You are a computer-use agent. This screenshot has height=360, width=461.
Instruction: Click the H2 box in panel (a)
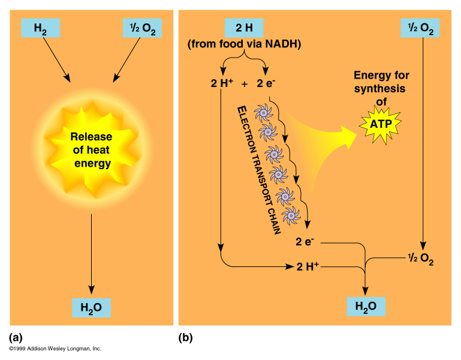(41, 28)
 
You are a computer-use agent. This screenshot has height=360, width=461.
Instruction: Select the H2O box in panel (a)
(91, 307)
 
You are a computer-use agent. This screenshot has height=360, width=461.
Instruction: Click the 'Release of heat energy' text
(92, 149)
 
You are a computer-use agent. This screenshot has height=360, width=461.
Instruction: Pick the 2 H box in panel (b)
(243, 28)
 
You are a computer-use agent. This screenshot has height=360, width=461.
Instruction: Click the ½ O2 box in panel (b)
(420, 28)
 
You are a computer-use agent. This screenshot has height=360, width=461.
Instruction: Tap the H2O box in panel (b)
(366, 307)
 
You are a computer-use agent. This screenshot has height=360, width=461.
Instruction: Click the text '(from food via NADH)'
(244, 44)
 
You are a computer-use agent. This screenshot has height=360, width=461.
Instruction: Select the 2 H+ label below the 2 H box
(222, 83)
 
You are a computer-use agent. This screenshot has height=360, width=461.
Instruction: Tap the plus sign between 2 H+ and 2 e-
(245, 83)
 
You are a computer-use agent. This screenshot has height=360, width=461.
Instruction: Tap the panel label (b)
(186, 337)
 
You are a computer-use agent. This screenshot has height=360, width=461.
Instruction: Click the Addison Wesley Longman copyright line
(55, 349)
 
